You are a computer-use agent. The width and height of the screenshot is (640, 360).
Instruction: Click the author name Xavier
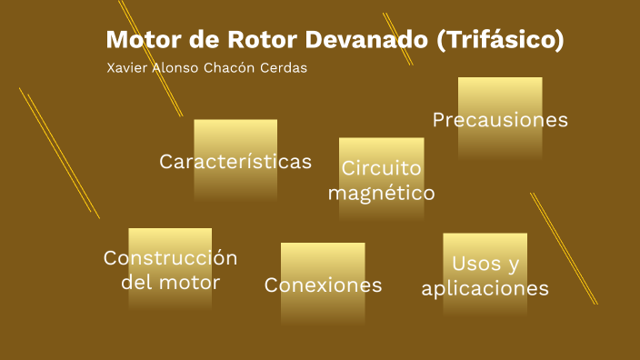pyautogui.click(x=127, y=69)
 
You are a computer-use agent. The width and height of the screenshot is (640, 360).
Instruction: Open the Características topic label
pyautogui.click(x=235, y=162)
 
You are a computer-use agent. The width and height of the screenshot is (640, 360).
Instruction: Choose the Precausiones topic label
pyautogui.click(x=500, y=120)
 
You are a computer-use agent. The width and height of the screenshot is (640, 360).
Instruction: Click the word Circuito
pyautogui.click(x=381, y=168)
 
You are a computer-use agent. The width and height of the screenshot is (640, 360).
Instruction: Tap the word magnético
pyautogui.click(x=381, y=193)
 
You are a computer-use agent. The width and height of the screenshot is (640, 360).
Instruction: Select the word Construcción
pyautogui.click(x=170, y=258)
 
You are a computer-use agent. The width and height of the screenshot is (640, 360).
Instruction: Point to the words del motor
pyautogui.click(x=170, y=282)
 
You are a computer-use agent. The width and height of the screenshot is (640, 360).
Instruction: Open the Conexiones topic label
pyautogui.click(x=323, y=285)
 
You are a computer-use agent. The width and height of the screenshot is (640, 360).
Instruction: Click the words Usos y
pyautogui.click(x=485, y=264)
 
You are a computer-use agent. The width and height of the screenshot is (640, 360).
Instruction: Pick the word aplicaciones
pyautogui.click(x=485, y=289)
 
